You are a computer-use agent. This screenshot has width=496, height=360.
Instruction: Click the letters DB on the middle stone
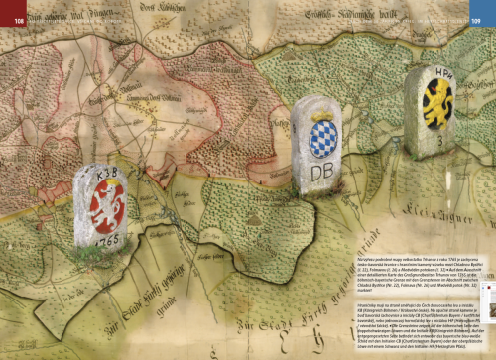323,171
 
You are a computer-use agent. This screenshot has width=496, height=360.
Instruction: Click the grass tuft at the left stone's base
106,255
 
